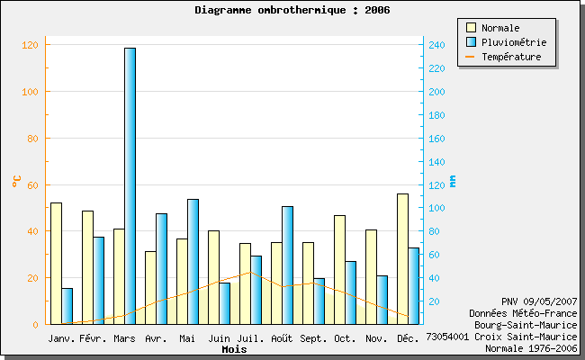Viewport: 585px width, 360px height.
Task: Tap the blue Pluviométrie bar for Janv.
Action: tap(67, 306)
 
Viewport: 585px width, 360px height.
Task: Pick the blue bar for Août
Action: tap(287, 265)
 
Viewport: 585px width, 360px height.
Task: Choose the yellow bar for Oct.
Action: tap(339, 269)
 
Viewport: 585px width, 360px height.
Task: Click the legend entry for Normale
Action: tap(500, 28)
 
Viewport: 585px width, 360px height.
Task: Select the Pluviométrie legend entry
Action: tap(513, 42)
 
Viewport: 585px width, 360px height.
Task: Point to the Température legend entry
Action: tap(511, 57)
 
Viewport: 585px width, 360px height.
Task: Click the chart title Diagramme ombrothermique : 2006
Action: tap(292, 10)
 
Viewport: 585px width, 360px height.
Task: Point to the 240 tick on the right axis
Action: tap(435, 45)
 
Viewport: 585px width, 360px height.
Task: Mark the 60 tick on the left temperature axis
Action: tap(32, 184)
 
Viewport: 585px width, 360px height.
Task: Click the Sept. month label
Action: tap(313, 338)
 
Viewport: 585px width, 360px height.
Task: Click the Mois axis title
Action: tap(234, 349)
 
